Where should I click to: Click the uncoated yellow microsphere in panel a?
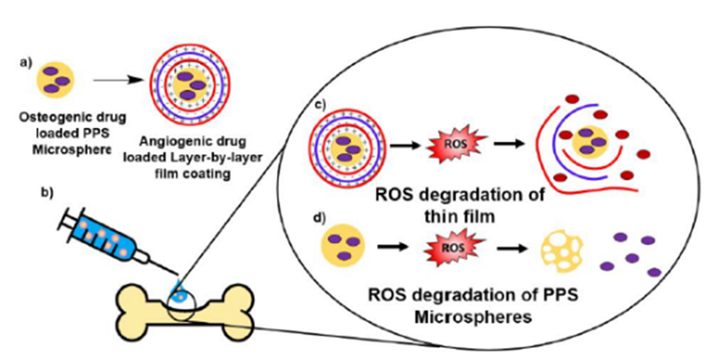(56, 80)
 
